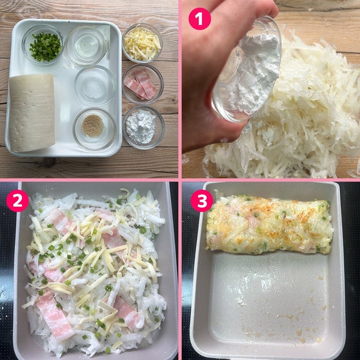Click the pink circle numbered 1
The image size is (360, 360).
click(x=199, y=19)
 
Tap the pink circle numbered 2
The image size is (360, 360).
click(x=17, y=200)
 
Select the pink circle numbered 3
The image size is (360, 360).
click(x=202, y=200)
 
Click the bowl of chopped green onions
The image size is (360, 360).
click(x=43, y=46)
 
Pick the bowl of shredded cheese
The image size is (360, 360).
click(x=142, y=43)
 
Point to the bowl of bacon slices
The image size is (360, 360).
click(x=143, y=84)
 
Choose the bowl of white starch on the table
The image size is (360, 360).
click(x=144, y=127)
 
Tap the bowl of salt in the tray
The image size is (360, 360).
click(x=95, y=86)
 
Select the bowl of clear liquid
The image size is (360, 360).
click(x=86, y=46)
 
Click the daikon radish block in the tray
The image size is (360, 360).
click(x=32, y=112)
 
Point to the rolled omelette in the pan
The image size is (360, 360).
click(x=270, y=225)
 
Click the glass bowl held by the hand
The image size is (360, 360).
click(x=247, y=69)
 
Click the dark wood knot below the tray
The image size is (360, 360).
click(x=50, y=162)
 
